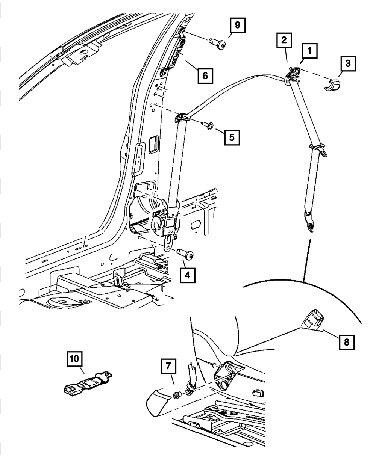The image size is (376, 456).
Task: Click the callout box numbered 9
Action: pyautogui.click(x=237, y=26)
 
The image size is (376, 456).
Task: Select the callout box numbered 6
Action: pyautogui.click(x=205, y=75)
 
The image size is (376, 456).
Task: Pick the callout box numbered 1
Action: pyautogui.click(x=309, y=50)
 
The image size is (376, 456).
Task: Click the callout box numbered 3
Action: pyautogui.click(x=348, y=64)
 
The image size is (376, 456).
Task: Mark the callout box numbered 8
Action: pyautogui.click(x=346, y=342)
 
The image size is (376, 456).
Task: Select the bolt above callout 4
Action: pyautogui.click(x=187, y=255)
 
